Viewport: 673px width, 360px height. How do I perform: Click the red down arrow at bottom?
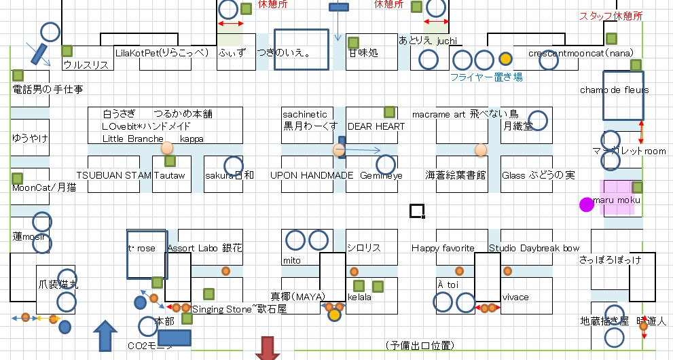point(268,348)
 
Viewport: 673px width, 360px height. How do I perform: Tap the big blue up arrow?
point(105,336)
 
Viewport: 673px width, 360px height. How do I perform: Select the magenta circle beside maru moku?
point(586,204)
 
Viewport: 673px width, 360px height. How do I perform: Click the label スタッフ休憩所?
point(610,16)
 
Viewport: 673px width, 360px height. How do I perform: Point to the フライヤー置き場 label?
point(487,77)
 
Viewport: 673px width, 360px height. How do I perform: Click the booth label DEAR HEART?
point(376,126)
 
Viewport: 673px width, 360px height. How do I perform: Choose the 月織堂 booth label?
point(518,126)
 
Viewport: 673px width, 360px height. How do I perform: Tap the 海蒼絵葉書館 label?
point(455,175)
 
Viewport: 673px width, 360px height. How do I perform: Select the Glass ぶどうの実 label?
point(539,175)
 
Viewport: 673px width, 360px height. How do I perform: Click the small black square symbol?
point(416,211)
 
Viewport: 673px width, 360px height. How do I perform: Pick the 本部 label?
point(164,321)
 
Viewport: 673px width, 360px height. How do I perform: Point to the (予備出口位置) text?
point(418,346)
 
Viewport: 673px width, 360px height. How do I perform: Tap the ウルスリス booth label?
point(86,65)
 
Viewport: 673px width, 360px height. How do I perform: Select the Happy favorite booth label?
point(443,249)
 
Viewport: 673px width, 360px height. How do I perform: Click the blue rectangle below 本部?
point(174,338)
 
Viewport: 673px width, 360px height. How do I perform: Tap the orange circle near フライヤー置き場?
point(505,58)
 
